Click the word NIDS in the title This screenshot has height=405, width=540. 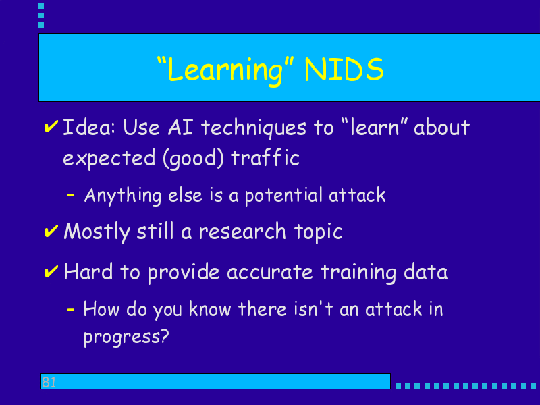click(x=344, y=70)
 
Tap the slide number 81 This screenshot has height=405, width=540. click(x=49, y=382)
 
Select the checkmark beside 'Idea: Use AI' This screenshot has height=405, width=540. click(x=51, y=126)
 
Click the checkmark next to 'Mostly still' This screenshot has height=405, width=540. click(x=51, y=231)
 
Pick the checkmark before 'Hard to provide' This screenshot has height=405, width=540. click(x=51, y=272)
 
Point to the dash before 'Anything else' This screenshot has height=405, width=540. click(x=71, y=195)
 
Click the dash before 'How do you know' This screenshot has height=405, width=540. click(x=71, y=309)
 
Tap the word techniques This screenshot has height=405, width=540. click(x=254, y=128)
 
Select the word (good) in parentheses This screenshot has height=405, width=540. click(x=193, y=159)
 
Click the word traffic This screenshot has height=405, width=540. click(x=265, y=158)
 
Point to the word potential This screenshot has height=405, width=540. click(x=283, y=196)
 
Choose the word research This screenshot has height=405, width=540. click(x=242, y=232)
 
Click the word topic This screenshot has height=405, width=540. click(x=319, y=232)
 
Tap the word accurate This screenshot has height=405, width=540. click(x=269, y=273)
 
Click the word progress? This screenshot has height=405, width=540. click(x=126, y=336)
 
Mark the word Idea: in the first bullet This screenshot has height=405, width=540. click(x=89, y=128)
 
